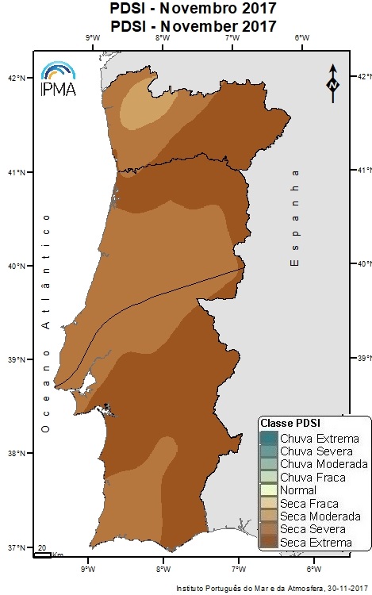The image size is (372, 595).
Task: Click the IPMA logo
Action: [57, 79]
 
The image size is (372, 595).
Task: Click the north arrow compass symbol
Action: [333, 81]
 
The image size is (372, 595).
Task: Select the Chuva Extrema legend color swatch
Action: [270, 438]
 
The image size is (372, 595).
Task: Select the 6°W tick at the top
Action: [301, 38]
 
